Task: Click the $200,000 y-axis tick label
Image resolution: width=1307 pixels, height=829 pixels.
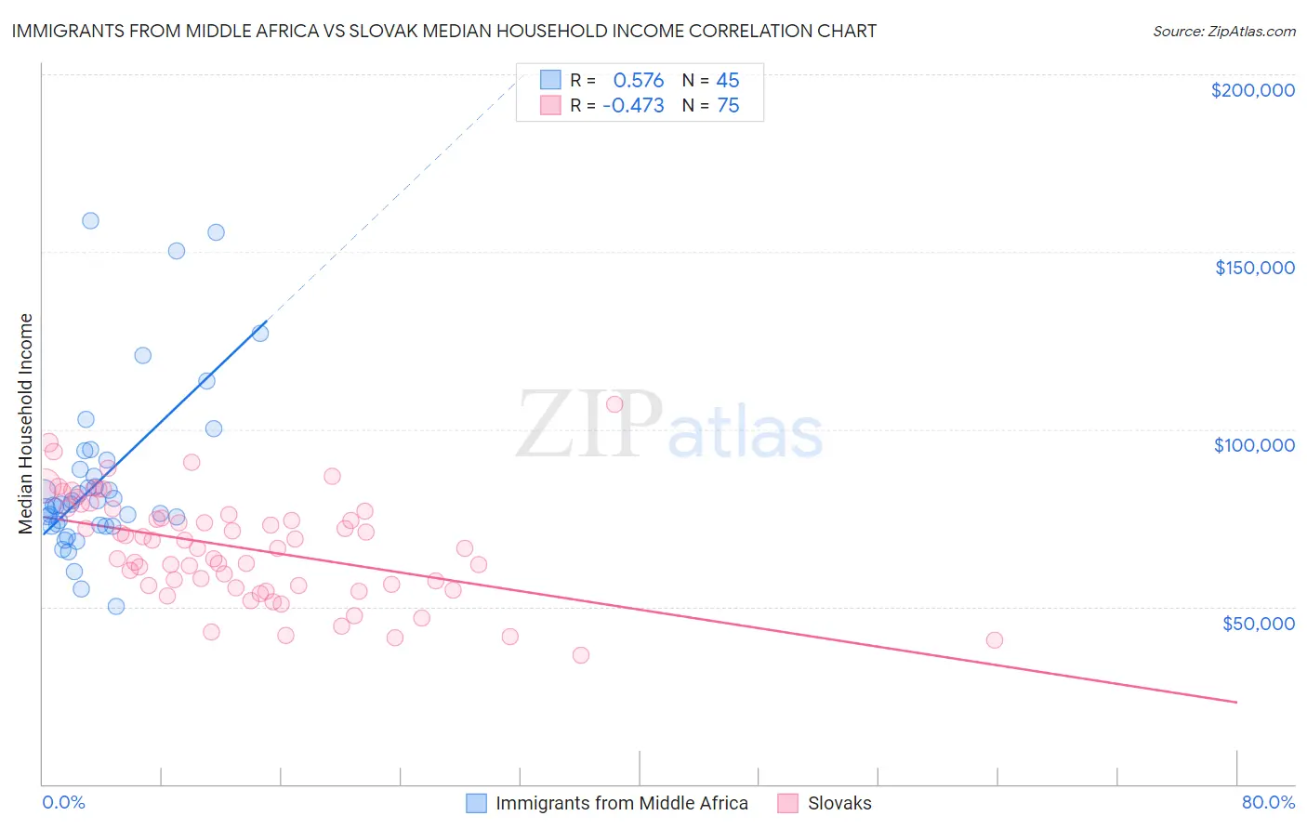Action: [1252, 90]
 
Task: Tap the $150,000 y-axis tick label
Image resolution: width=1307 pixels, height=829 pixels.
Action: [1254, 268]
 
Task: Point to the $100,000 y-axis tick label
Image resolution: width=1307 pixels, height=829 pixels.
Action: [1254, 445]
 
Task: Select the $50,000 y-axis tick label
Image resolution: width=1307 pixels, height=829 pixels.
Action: [1258, 623]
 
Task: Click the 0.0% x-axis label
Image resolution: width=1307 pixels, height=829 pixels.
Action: [63, 802]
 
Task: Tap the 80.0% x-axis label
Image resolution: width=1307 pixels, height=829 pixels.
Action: [1268, 802]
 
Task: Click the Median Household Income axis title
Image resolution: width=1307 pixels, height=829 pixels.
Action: [26, 424]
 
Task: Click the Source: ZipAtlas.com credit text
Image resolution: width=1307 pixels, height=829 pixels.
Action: [1223, 31]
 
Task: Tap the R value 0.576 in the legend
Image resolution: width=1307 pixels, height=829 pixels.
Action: [638, 80]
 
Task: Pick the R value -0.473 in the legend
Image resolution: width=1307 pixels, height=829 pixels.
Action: [633, 106]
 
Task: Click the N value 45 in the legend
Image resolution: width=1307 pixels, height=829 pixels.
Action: [728, 80]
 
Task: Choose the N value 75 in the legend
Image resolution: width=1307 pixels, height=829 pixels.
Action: [728, 106]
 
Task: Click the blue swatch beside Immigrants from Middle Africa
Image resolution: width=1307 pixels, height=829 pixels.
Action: [477, 803]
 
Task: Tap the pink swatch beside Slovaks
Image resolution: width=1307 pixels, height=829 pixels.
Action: [788, 803]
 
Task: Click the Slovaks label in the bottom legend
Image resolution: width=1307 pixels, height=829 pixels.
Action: [839, 803]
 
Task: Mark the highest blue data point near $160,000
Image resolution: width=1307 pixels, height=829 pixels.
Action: [90, 220]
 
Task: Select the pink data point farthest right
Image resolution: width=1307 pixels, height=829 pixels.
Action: [994, 639]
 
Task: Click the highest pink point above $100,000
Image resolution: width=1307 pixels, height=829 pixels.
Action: [614, 403]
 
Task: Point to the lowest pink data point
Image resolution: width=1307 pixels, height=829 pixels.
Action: [581, 654]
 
